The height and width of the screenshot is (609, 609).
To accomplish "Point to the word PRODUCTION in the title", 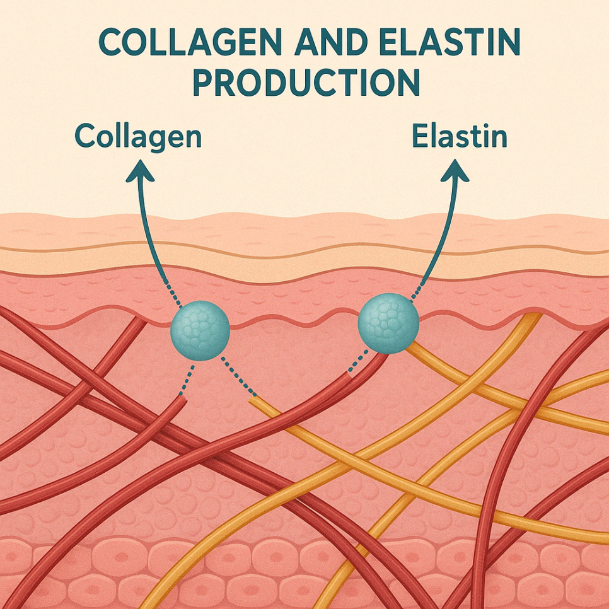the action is point(306,82).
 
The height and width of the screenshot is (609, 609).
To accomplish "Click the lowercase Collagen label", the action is point(138,137).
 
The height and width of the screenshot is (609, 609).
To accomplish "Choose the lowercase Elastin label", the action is point(460,136).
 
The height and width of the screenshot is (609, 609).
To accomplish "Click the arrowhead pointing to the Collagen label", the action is point(139,171).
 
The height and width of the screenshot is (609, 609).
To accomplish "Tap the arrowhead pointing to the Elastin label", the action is point(455,171).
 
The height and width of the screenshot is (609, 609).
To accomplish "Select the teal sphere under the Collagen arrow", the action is point(200,330).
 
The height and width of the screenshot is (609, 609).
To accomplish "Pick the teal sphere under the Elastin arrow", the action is point(388,323).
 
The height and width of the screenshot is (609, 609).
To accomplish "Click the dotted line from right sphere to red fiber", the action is point(358,362).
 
